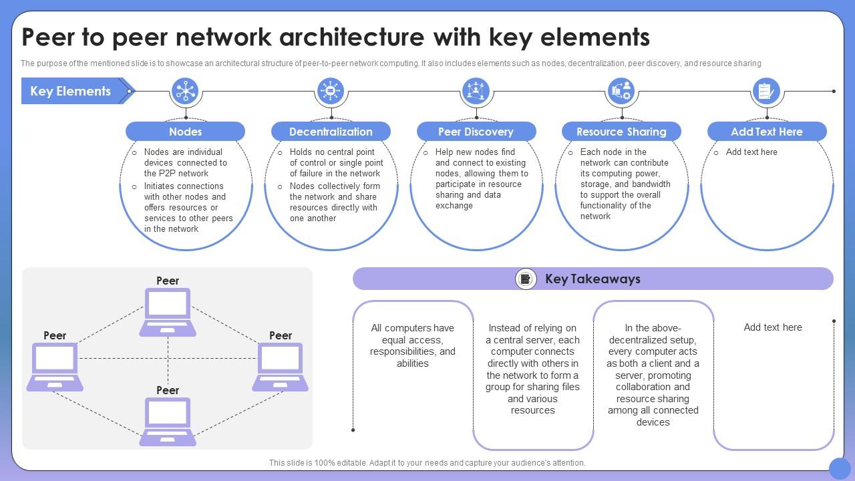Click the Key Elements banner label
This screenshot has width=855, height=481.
click(70, 92)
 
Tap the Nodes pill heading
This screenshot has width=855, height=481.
click(185, 132)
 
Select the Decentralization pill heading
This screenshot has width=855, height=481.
click(331, 132)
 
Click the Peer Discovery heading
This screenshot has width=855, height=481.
click(476, 132)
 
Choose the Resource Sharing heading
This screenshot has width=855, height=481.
click(621, 132)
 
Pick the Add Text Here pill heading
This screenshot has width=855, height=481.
click(766, 132)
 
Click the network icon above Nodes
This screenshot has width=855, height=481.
click(185, 91)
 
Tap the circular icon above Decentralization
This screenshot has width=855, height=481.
click(331, 91)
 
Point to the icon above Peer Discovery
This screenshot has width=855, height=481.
click(476, 91)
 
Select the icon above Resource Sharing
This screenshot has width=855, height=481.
click(621, 91)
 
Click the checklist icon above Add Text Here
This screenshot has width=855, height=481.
click(766, 91)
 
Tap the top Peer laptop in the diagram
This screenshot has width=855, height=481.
click(168, 311)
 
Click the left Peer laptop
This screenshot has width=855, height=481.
click(55, 366)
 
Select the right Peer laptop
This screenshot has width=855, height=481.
click(281, 366)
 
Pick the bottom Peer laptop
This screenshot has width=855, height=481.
click(168, 421)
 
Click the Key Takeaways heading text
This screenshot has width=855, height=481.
click(592, 279)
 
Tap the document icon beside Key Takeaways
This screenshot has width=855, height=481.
click(526, 279)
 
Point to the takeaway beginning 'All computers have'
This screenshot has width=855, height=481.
click(413, 345)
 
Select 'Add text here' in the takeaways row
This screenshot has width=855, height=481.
click(773, 327)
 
